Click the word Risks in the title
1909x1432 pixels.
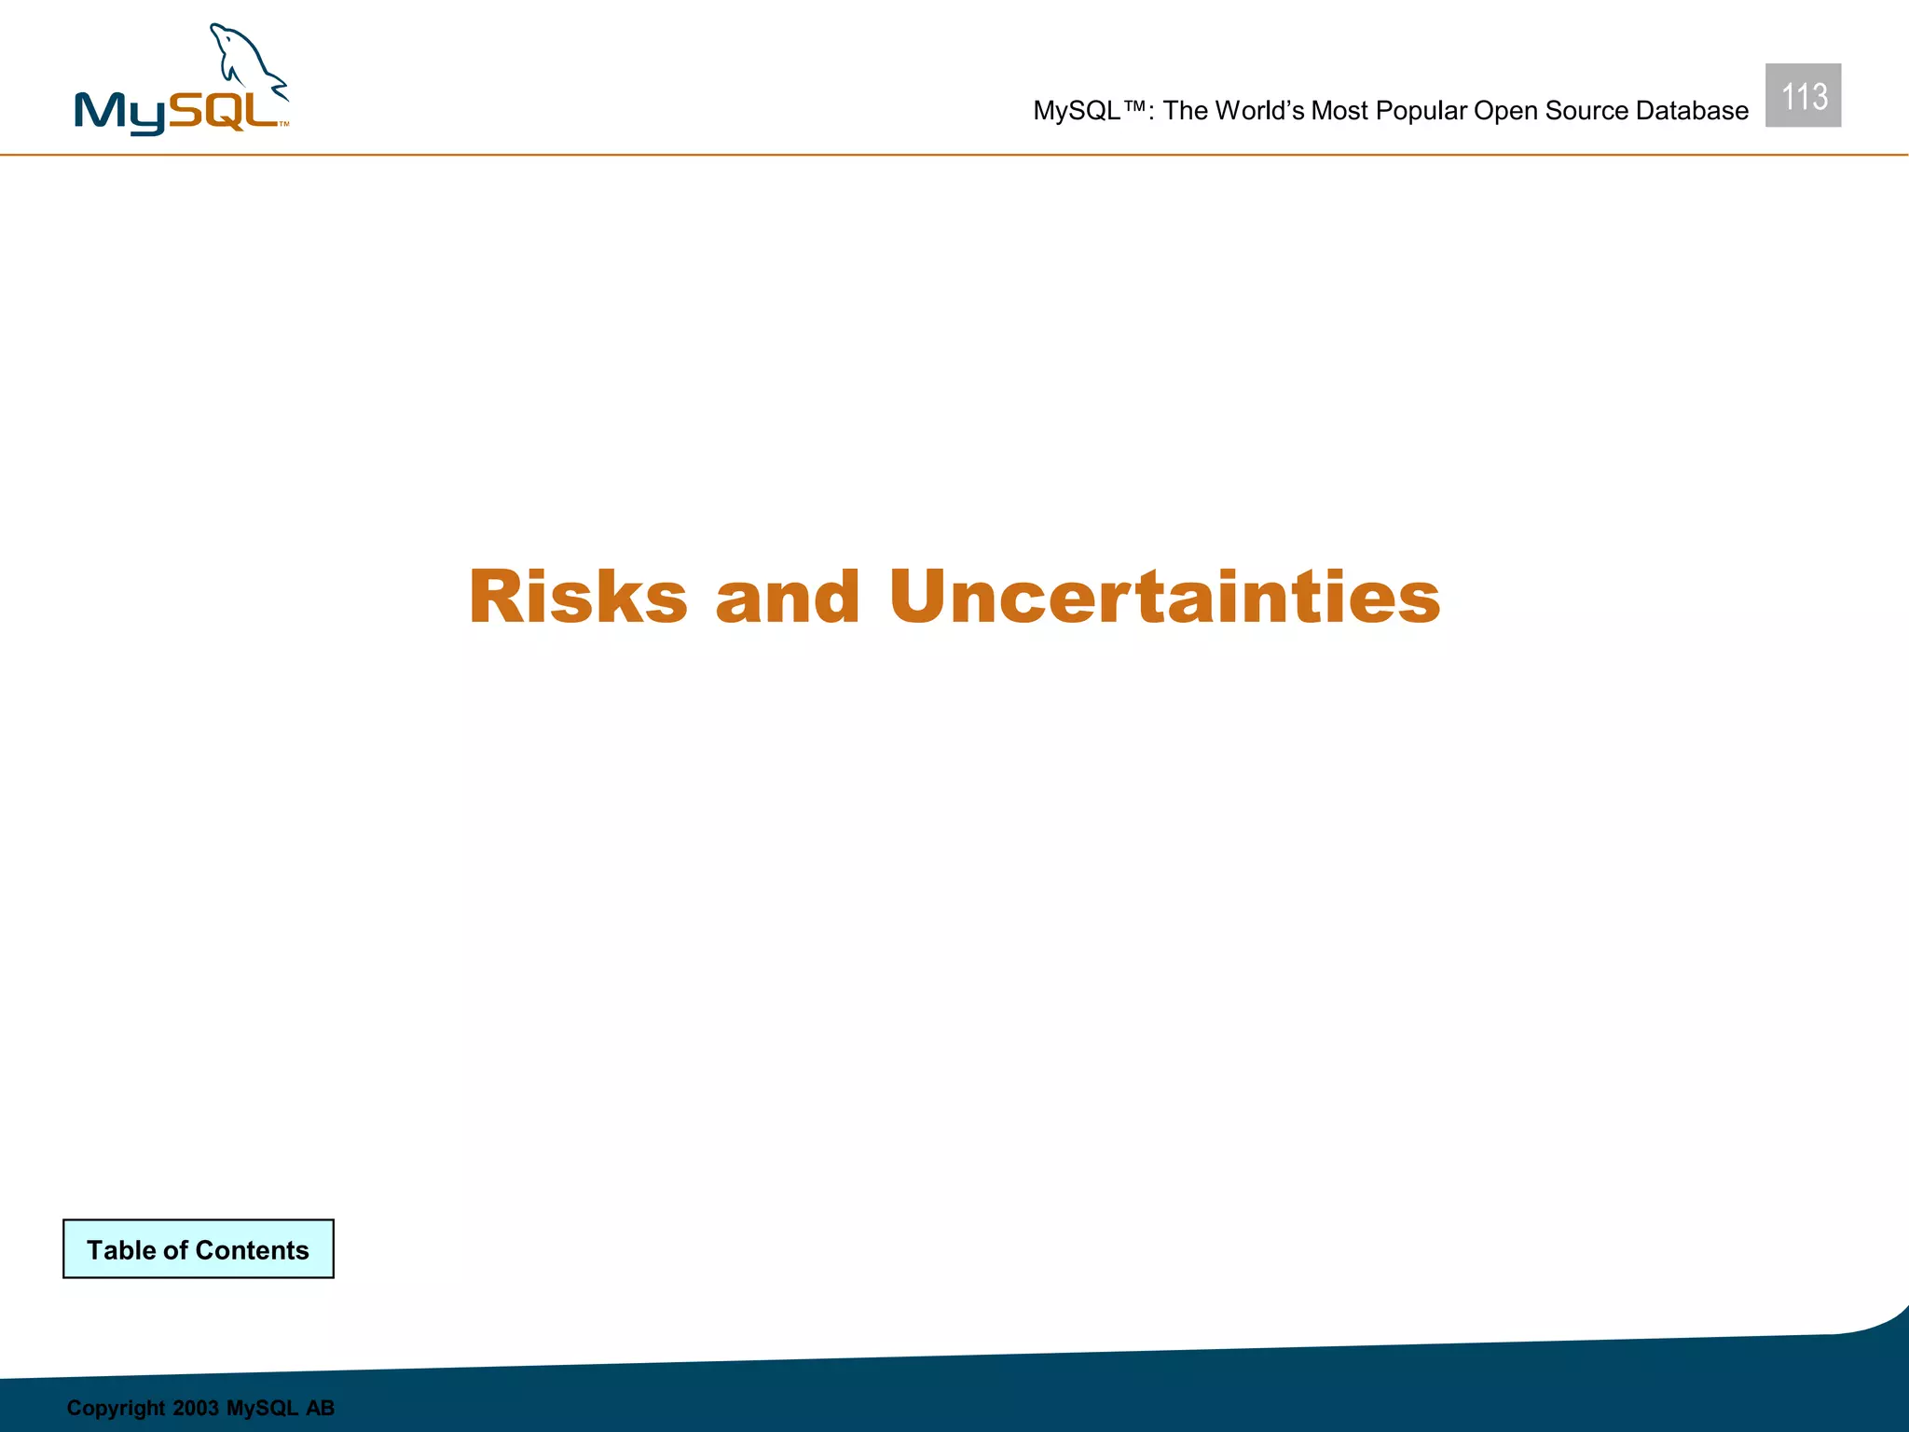(578, 597)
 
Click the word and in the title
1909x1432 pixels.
(788, 597)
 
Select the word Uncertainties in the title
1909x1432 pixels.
(1164, 597)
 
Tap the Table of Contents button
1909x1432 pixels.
(198, 1249)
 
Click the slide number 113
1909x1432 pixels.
(1803, 96)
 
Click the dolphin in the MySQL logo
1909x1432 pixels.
(247, 61)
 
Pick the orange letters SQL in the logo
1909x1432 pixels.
(224, 111)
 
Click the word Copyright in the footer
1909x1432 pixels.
(116, 1408)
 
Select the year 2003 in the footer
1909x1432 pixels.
(195, 1408)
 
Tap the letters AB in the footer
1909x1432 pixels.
(320, 1408)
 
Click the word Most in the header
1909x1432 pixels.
(1339, 111)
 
